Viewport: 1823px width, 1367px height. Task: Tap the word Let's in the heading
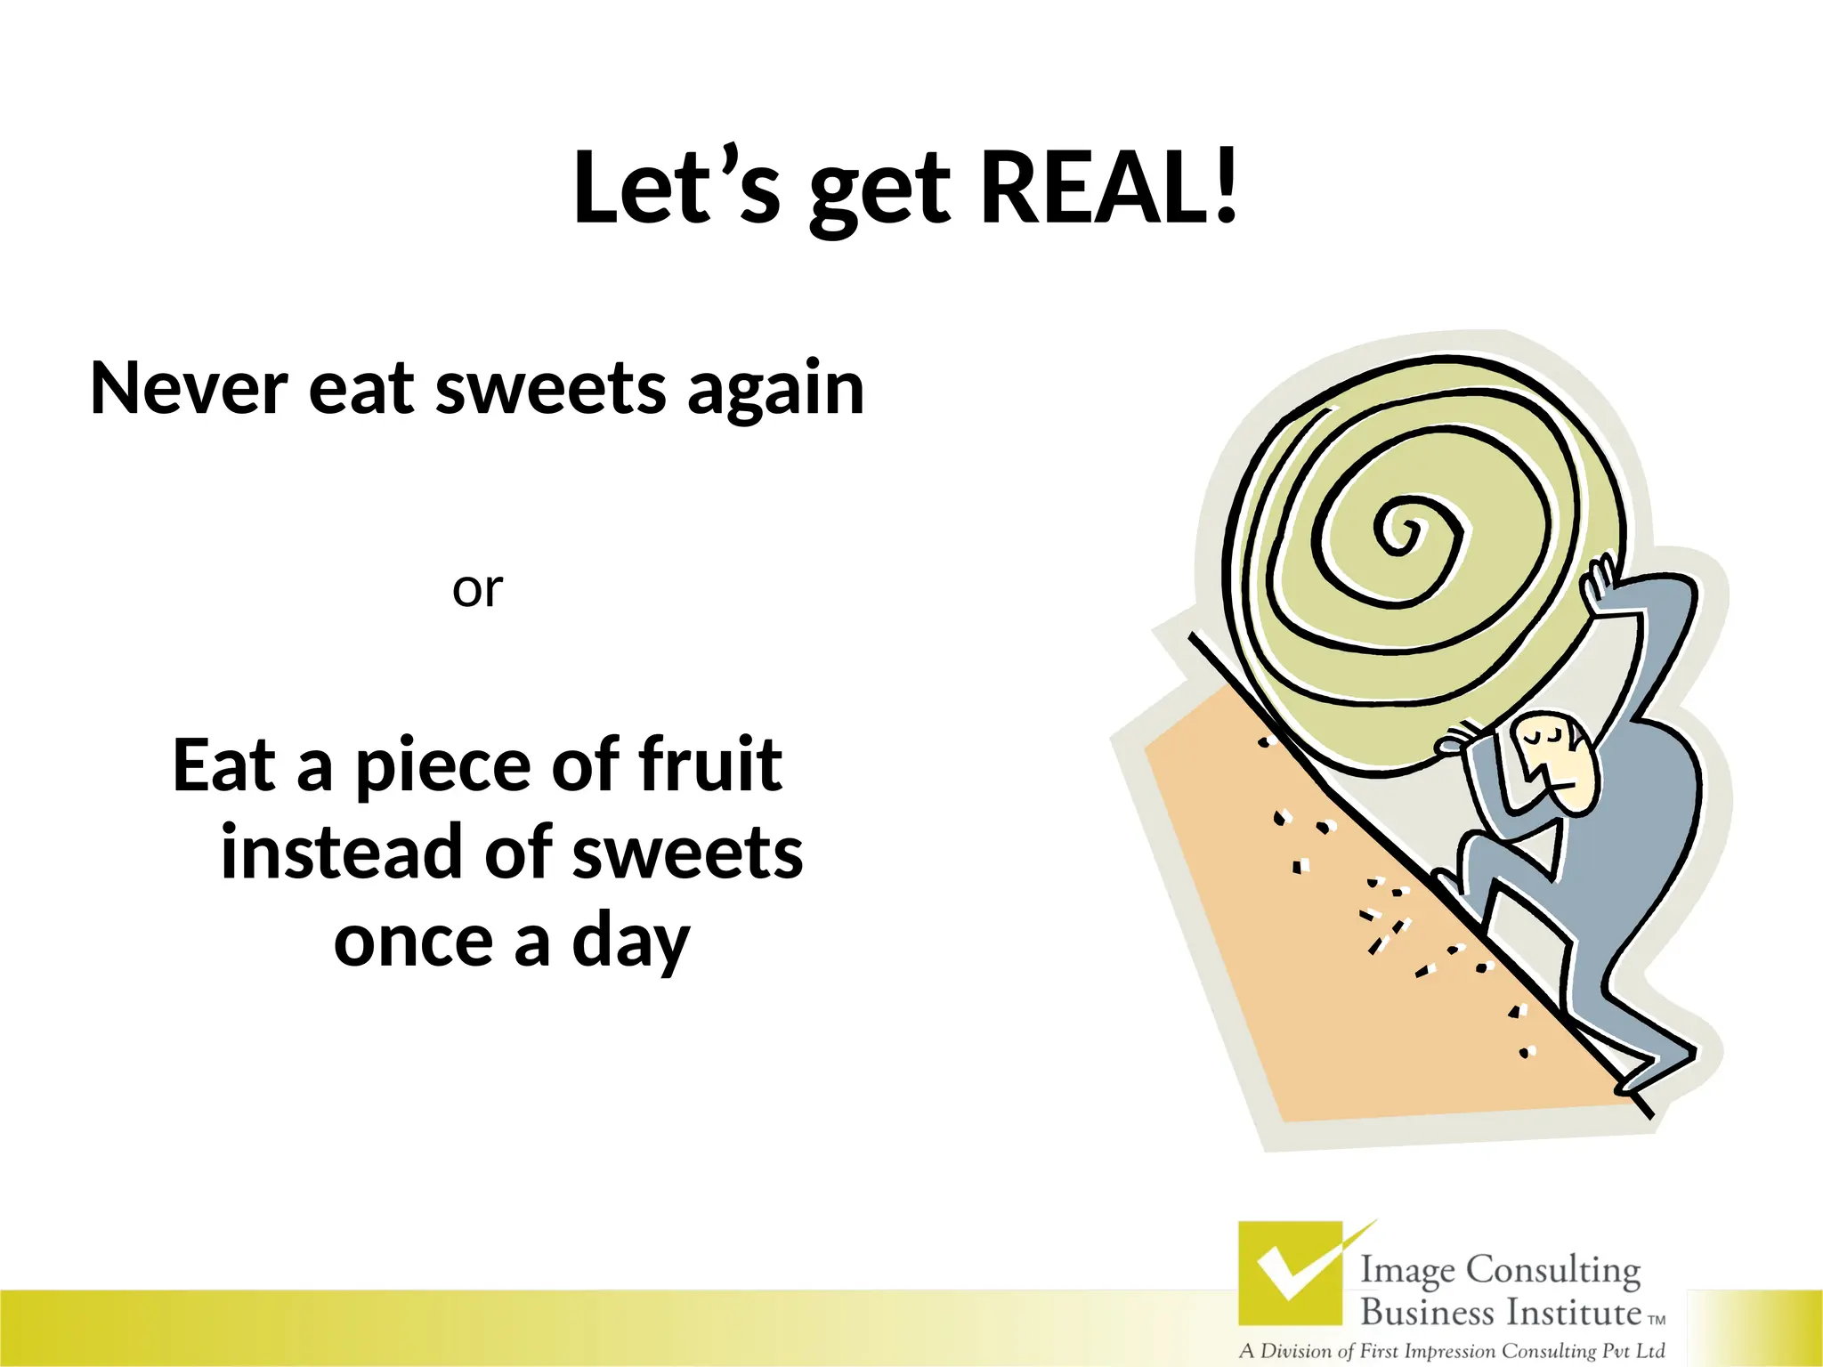point(677,189)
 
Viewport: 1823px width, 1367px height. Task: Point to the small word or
point(477,590)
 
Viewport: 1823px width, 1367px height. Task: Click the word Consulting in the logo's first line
point(1552,1270)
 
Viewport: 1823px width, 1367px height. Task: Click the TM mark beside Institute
point(1657,1321)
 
